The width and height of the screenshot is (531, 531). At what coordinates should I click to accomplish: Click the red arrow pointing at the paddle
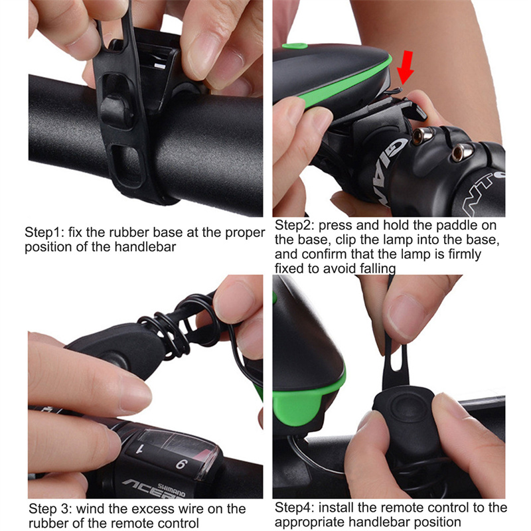click(x=406, y=68)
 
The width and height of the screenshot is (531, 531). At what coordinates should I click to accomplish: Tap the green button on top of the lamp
click(x=295, y=46)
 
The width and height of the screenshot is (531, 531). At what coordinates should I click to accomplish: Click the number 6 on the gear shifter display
click(x=181, y=463)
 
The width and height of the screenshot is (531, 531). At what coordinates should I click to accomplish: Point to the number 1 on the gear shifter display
click(x=139, y=449)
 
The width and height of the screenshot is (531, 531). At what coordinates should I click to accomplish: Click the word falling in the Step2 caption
click(x=378, y=268)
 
